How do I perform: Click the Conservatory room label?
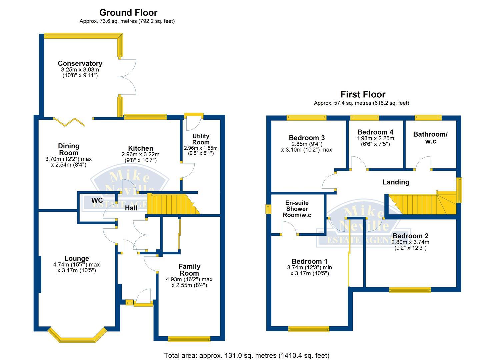(80, 63)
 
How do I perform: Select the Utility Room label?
(201, 139)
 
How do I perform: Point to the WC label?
(97, 200)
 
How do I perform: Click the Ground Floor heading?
(128, 13)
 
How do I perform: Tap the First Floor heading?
(363, 94)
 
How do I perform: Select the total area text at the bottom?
(247, 355)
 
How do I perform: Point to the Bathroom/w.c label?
(430, 137)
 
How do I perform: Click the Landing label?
(396, 182)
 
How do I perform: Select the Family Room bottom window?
(189, 339)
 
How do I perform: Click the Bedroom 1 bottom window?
(309, 329)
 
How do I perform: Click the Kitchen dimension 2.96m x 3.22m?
(140, 154)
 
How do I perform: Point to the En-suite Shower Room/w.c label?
(297, 209)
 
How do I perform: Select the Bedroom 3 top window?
(306, 117)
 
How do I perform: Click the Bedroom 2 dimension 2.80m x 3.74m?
(410, 242)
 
